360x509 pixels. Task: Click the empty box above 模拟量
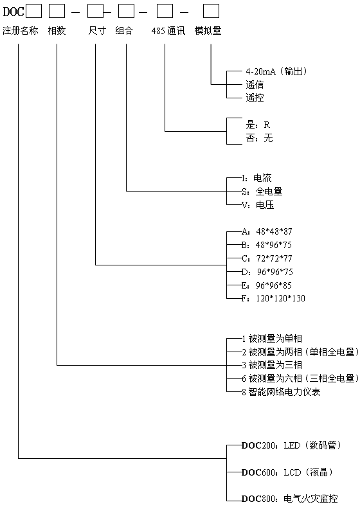(211, 12)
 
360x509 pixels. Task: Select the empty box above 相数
(57, 12)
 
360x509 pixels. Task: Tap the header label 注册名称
(21, 31)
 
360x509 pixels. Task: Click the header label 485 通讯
(168, 31)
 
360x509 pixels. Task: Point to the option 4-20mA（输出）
(276, 71)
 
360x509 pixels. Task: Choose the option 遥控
(255, 98)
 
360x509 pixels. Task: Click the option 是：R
(258, 125)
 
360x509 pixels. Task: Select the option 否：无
(259, 138)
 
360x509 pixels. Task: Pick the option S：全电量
(262, 192)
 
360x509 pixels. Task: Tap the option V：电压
(258, 205)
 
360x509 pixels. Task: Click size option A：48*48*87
(267, 231)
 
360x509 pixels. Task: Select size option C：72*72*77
(267, 258)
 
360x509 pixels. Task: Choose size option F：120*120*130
(273, 298)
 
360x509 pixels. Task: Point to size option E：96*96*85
(267, 285)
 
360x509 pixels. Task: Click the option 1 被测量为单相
(272, 339)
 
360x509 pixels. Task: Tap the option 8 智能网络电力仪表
(281, 392)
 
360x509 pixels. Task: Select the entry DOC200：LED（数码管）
(291, 445)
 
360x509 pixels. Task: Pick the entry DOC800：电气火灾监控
(289, 498)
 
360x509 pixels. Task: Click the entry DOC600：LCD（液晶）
(287, 472)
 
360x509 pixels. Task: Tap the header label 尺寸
(97, 31)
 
